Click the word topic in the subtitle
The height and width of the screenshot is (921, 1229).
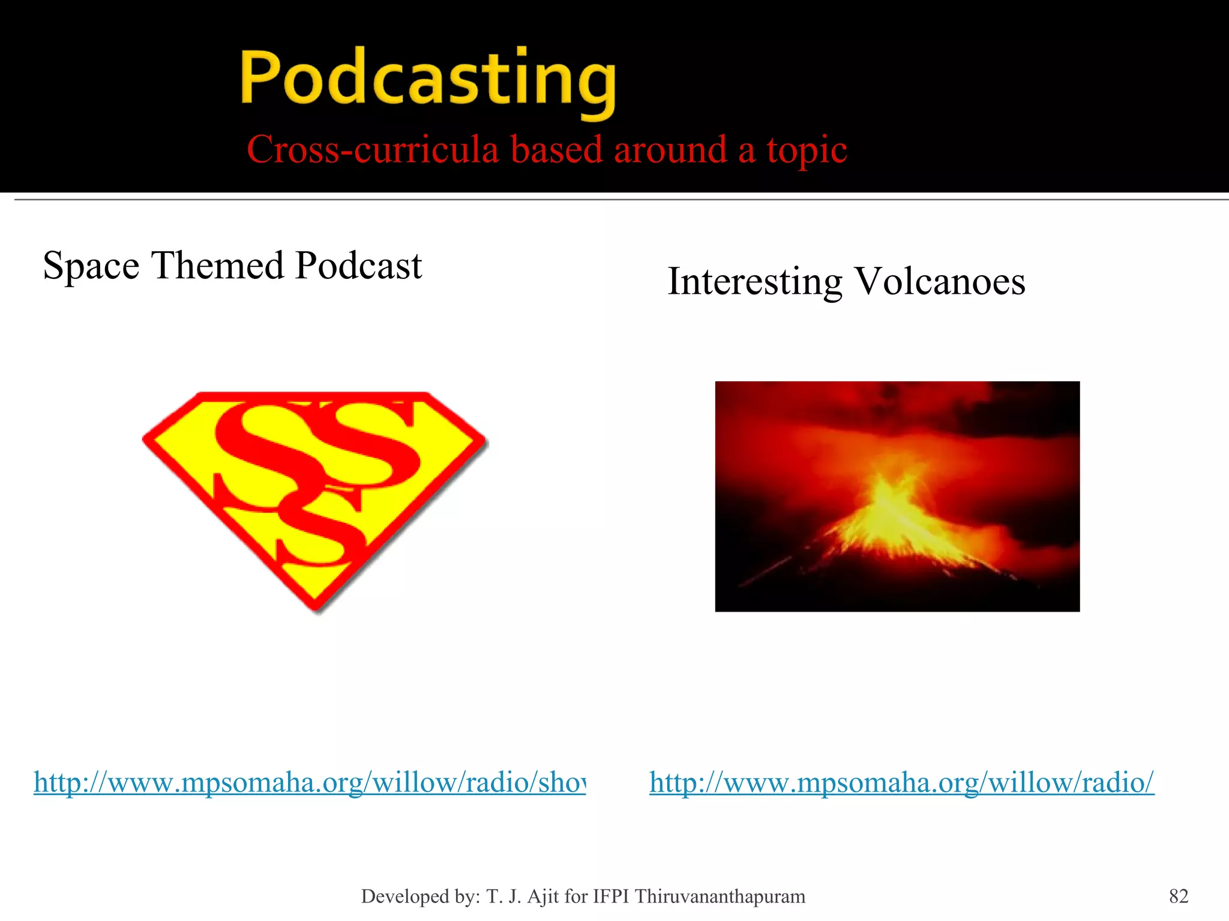pyautogui.click(x=807, y=151)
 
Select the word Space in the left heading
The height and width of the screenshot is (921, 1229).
pyautogui.click(x=91, y=266)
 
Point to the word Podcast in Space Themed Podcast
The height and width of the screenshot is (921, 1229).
pyautogui.click(x=358, y=266)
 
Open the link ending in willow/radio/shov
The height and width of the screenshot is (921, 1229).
pyautogui.click(x=309, y=782)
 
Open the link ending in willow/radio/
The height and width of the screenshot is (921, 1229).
pyautogui.click(x=901, y=782)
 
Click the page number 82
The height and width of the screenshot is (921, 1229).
pyautogui.click(x=1179, y=896)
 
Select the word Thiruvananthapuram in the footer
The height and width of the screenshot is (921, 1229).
pyautogui.click(x=720, y=896)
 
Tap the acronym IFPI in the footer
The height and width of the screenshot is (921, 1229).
pyautogui.click(x=611, y=896)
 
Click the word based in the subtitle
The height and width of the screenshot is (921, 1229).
pyautogui.click(x=556, y=149)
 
